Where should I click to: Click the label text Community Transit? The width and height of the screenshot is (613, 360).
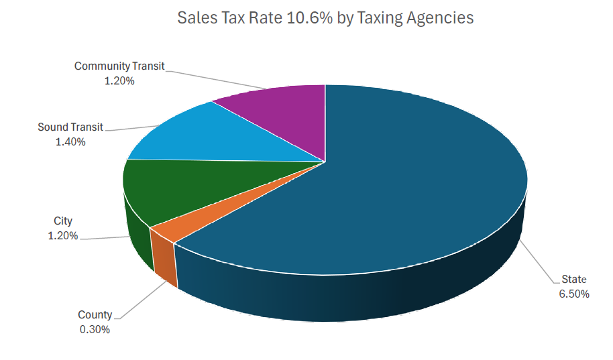[x=119, y=66]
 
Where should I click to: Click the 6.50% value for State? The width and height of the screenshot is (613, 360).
[x=574, y=294]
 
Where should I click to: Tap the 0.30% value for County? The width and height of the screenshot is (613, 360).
[x=95, y=329]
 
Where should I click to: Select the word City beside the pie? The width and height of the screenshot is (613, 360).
[x=63, y=221]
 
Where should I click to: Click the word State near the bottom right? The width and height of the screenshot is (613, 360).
[x=574, y=280]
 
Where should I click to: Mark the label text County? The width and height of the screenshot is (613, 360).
[x=95, y=315]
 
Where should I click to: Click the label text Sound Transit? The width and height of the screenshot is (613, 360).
[x=70, y=127]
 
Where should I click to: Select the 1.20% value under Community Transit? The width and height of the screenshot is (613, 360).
[x=119, y=80]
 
